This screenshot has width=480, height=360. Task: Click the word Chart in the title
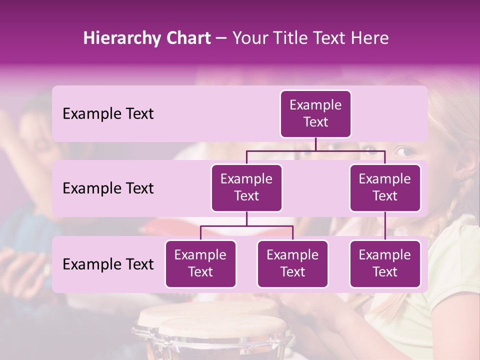(189, 38)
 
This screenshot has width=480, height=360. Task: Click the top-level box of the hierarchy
(315, 114)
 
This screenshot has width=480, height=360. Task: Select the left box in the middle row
(246, 188)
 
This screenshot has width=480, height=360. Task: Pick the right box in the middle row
(385, 188)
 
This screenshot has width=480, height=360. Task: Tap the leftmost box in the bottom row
(200, 264)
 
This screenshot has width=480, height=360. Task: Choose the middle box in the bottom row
(292, 264)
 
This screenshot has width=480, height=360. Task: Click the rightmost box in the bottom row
(385, 264)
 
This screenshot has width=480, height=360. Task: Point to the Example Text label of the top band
(108, 114)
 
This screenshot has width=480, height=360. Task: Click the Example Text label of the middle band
(108, 188)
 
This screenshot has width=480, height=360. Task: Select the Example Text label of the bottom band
(108, 264)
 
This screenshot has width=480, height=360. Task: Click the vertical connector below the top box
(315, 144)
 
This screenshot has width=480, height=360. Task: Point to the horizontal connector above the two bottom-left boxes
(246, 226)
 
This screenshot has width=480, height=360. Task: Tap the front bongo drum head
(223, 330)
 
